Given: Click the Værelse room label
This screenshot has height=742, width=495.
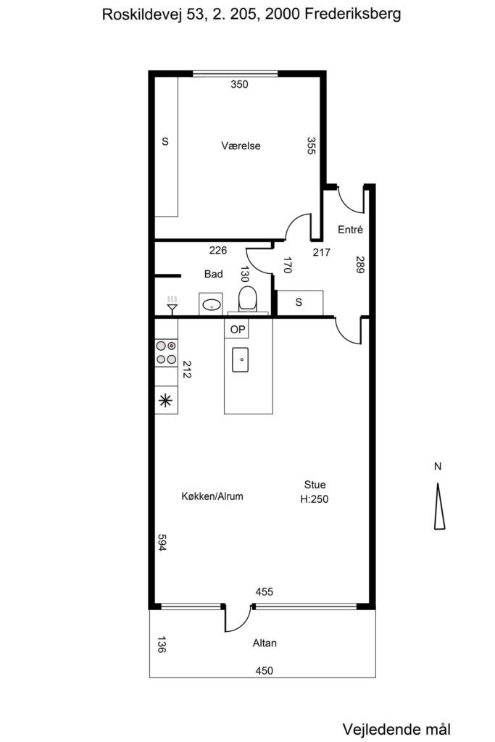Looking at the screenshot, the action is click(x=241, y=146).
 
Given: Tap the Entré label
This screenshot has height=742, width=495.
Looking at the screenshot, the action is click(x=350, y=230).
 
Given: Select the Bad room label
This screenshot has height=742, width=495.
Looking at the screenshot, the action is click(x=213, y=274).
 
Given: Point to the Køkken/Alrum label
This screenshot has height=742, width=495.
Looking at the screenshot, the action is click(x=212, y=496).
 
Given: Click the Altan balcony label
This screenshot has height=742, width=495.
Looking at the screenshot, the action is click(x=265, y=643).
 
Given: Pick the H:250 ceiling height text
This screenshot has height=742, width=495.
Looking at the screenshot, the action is click(x=315, y=499).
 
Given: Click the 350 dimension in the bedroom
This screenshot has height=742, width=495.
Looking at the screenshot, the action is click(x=239, y=84).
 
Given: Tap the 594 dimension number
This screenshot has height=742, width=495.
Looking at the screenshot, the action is click(x=162, y=542).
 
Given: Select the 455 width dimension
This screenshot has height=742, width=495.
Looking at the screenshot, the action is click(x=264, y=591).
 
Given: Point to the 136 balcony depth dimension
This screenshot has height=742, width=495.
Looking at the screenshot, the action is click(x=162, y=644).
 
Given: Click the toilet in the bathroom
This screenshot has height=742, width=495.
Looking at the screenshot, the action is click(x=248, y=299).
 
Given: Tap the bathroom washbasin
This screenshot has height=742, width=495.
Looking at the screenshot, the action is click(x=211, y=304).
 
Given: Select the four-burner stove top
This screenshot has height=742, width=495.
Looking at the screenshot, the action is click(x=166, y=353).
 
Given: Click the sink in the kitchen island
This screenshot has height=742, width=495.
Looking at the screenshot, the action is click(x=241, y=359).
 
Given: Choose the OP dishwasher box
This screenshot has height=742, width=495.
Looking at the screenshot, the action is click(x=238, y=329).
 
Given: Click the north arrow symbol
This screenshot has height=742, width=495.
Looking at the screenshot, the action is click(x=439, y=506).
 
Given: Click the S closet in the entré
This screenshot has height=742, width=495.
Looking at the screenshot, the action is click(x=299, y=302).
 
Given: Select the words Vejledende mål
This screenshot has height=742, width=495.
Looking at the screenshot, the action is click(x=396, y=729).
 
